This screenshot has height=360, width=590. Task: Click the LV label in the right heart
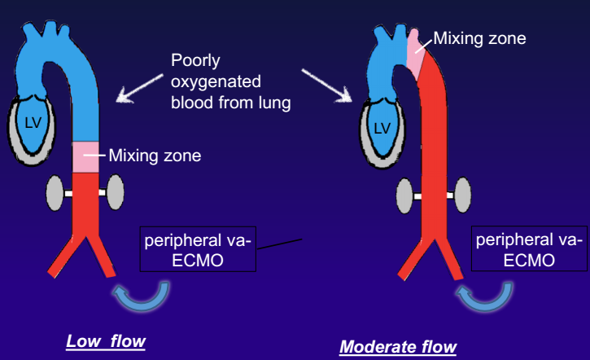point(381,128)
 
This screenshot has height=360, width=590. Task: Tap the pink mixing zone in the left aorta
point(84,157)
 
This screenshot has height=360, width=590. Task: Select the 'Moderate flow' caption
point(398,347)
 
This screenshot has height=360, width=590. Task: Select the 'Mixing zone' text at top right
point(479,37)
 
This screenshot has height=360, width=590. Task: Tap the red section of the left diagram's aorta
point(84,204)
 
